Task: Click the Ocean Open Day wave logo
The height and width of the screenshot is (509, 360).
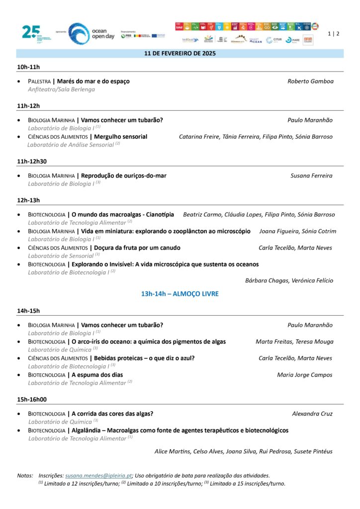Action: [x=79, y=33]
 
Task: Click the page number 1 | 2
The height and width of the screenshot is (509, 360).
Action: [x=334, y=33]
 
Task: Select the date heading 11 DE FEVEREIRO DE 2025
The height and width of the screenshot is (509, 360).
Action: [x=180, y=54]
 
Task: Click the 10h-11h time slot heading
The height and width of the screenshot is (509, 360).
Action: [x=28, y=67]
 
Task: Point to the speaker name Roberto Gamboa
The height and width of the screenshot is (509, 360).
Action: [x=310, y=81]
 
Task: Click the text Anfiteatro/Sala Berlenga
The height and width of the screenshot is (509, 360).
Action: [x=61, y=89]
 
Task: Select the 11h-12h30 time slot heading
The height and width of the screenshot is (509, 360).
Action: [x=32, y=161]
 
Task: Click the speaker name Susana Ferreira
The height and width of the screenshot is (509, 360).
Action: [x=311, y=175]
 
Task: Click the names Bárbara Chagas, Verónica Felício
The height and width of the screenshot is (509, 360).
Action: [x=289, y=280]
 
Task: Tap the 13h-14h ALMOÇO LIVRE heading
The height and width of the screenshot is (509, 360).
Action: [x=180, y=294]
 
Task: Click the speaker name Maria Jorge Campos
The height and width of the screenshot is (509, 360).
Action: [x=305, y=375]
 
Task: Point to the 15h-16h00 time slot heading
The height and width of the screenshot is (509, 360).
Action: [x=32, y=399]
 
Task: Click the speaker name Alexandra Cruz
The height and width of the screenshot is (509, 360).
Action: [x=312, y=414]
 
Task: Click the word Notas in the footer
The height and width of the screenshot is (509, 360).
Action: [x=25, y=476]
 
